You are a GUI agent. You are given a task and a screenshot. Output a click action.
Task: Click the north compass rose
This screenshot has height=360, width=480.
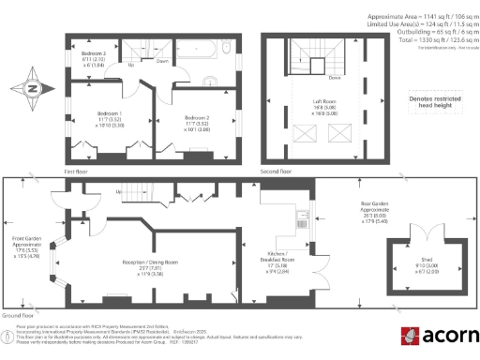pos(33,89)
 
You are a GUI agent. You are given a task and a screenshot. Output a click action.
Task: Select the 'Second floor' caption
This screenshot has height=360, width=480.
pos(277,172)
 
